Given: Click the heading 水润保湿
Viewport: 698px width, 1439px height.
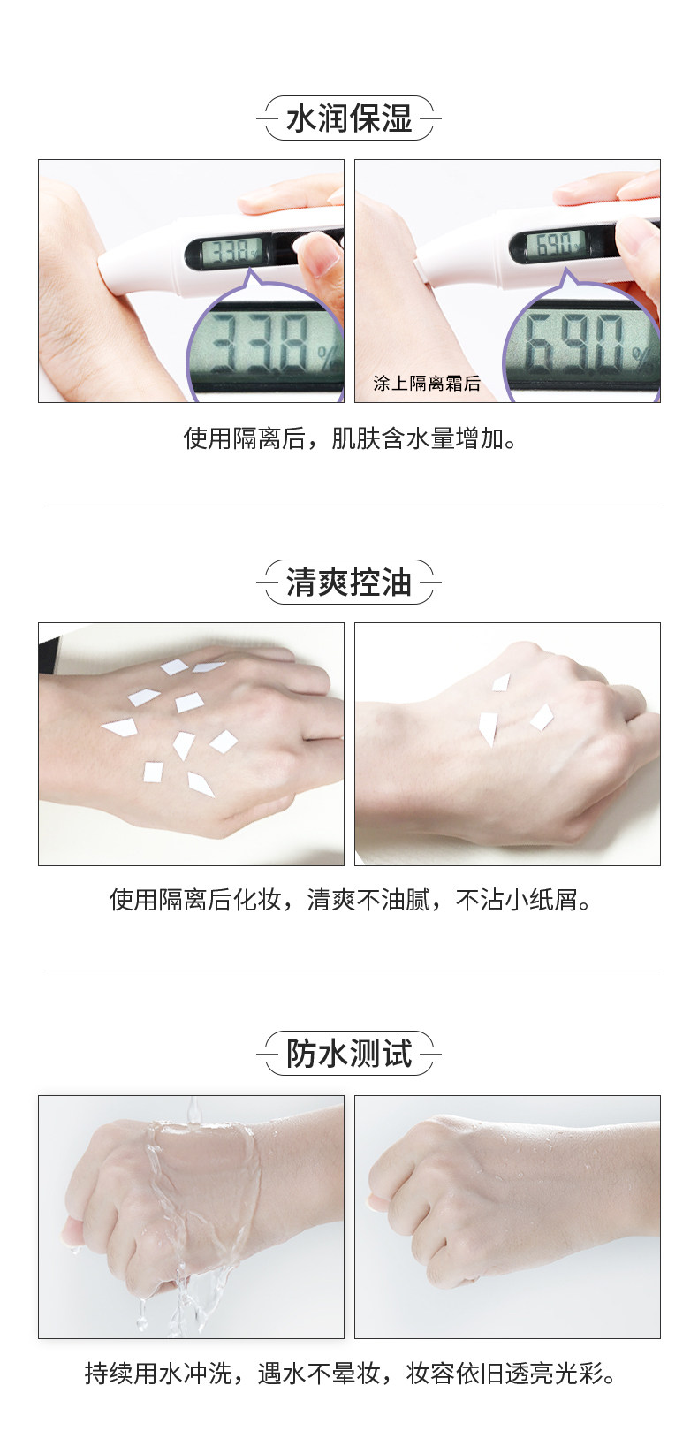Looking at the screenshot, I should pos(349,118).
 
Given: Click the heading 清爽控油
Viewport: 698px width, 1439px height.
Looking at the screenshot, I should pos(349,582).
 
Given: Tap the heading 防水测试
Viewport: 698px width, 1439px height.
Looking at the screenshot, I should pos(349,1054).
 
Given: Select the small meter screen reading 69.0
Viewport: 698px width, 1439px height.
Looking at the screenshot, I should pos(556,243).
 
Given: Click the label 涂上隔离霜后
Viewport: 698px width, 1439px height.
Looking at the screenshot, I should pos(427,383).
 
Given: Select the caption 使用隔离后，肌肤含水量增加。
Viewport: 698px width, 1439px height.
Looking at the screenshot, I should pos(349,438).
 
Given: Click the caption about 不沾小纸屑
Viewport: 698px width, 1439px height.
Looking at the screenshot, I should pos(349,900).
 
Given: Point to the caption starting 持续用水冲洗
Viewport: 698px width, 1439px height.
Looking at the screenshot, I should pos(349,1373).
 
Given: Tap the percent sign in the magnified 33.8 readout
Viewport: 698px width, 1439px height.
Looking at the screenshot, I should pos(329,358).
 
